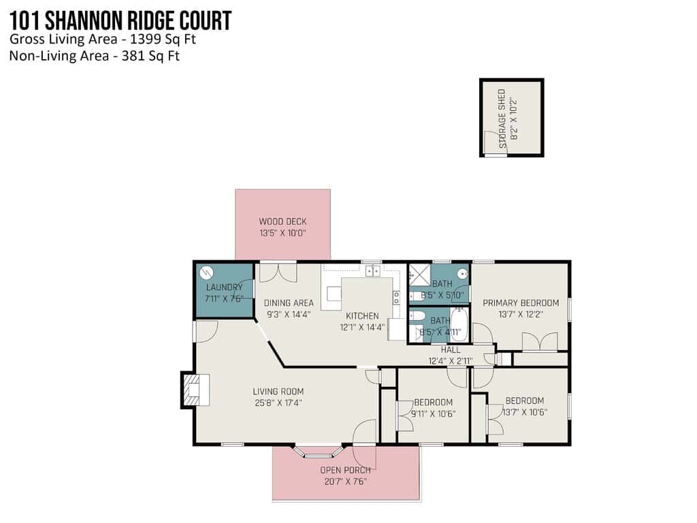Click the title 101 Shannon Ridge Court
pos(120,20)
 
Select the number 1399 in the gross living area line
pos(145,39)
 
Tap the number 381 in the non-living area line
pos(132,56)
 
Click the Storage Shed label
pos(502,118)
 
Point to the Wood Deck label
pos(282,221)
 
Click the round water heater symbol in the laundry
pos(207,272)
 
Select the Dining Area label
pos(289,303)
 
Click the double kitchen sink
pos(372,270)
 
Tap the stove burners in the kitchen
pos(396,298)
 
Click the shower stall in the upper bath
pos(419,275)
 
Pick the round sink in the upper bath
pos(463,274)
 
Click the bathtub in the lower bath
pos(460,324)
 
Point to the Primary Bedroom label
pos(521,303)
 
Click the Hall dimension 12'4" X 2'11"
pos(451,361)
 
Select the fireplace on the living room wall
pos(195,390)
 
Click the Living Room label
pos(278,392)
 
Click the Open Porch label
pos(345,470)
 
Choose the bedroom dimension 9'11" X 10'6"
pos(434,413)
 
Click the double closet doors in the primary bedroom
pos(540,342)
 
